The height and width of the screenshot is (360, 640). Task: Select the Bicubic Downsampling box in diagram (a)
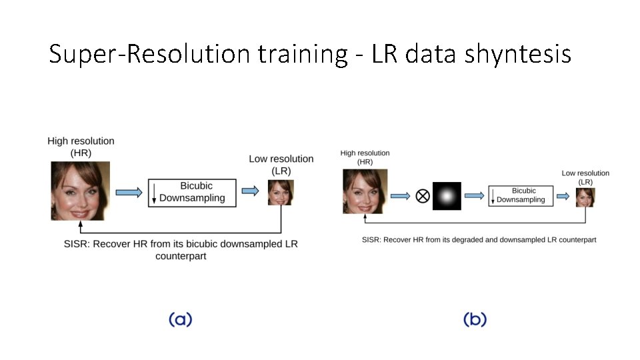coord(192,192)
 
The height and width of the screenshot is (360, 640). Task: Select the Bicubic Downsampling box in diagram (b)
coord(521,195)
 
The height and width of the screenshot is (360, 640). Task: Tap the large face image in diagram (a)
coord(81,191)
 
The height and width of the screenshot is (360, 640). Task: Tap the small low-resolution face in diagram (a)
coord(281,192)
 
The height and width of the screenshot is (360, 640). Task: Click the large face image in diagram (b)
coord(365,191)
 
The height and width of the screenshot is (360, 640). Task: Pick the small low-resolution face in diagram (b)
coord(585,197)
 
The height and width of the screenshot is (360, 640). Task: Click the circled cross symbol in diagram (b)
coord(422,196)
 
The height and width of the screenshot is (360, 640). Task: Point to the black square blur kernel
coord(447,196)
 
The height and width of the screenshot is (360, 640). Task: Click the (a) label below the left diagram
coord(180,320)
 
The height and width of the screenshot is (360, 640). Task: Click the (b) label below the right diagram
coord(475,320)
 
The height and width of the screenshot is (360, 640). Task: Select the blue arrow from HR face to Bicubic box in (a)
coord(129,192)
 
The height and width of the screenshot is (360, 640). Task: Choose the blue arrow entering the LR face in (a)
coord(251,191)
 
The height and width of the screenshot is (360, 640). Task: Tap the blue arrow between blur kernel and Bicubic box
coord(474,195)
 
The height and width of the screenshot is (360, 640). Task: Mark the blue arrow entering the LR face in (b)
coord(564,196)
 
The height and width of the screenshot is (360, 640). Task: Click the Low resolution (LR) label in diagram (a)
coord(281,165)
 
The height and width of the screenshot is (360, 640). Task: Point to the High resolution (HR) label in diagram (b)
coord(365,157)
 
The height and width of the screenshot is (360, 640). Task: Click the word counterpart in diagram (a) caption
coord(181,256)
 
